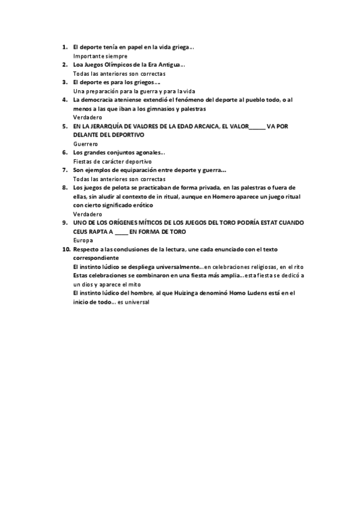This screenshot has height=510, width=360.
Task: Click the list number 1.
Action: coord(64,46)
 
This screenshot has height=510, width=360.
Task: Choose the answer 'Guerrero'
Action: coord(85,144)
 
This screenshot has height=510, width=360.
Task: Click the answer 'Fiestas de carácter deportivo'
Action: coord(112,162)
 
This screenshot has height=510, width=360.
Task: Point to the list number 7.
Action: coord(64,170)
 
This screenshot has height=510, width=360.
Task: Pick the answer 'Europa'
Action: coord(82,241)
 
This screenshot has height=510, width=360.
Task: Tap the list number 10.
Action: coord(66,249)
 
